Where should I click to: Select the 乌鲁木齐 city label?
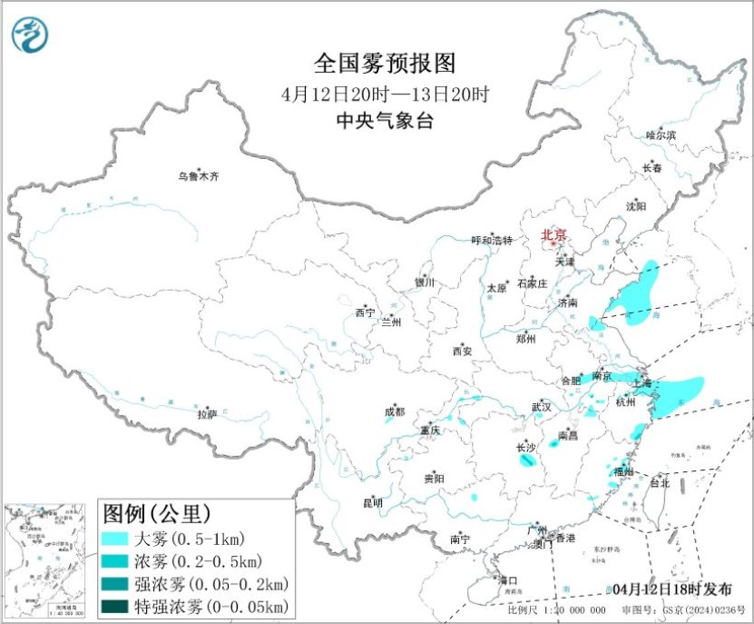198,176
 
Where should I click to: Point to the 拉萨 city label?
207,414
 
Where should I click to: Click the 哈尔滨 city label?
661,135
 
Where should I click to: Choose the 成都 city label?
395,411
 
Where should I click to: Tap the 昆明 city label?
372,502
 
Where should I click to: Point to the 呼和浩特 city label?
492,241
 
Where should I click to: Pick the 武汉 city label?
542,407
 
